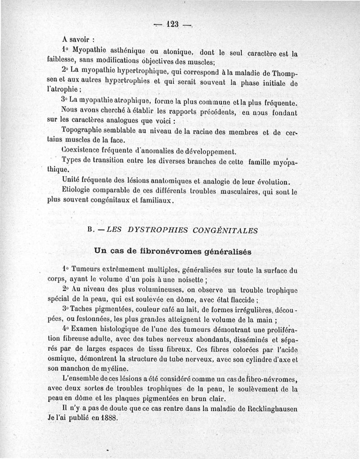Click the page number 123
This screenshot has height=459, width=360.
pos(173,24)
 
